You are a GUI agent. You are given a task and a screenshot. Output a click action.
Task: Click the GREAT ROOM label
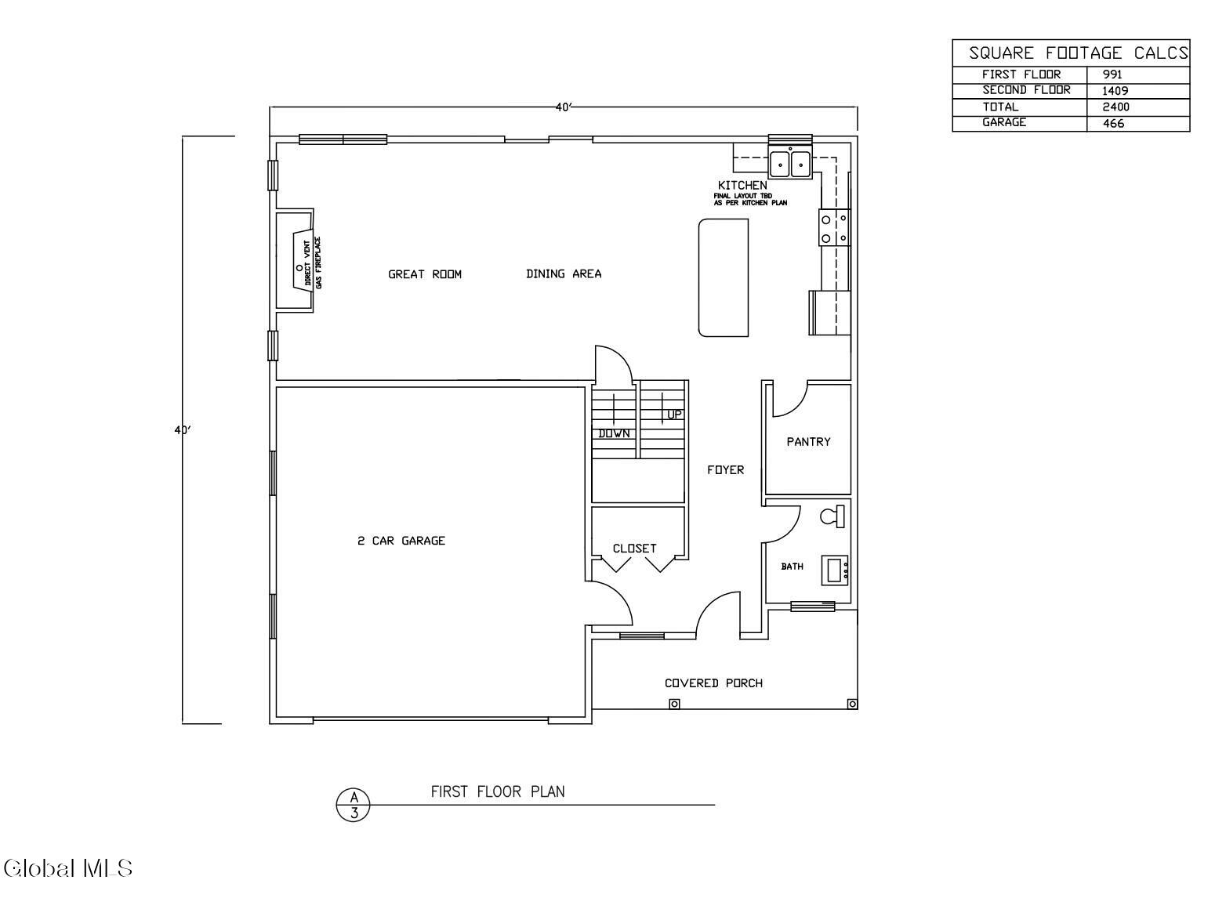pos(425,274)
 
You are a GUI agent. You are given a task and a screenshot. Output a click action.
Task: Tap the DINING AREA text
pos(564,273)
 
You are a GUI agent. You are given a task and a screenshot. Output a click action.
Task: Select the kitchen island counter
pos(723,277)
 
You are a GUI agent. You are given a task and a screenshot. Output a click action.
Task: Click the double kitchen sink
pos(790,164)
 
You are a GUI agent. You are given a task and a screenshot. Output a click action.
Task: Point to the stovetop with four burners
pos(834,228)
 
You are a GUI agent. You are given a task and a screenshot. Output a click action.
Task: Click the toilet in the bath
pos(832,516)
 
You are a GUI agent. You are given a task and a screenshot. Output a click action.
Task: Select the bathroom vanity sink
pos(834,570)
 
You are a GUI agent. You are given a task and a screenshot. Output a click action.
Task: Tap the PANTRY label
pos(808,441)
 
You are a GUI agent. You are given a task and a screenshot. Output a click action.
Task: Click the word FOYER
pos(725,469)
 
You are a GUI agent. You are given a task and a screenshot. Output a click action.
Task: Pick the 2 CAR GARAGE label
pos(401,541)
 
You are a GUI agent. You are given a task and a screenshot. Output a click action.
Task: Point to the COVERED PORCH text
pos(713,683)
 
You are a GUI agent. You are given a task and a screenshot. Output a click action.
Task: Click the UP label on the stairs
pos(674,415)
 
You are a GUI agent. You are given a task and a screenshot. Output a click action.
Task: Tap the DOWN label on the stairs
pos(614,434)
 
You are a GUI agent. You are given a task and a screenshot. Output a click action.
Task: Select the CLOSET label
pos(635,549)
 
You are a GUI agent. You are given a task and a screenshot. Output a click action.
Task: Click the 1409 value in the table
pos(1115,91)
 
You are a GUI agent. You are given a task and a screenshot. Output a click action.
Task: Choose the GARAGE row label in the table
pos(1004,122)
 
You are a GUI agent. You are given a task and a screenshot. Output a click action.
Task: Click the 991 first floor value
pos(1112,74)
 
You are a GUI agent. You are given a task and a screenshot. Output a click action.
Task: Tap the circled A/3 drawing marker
pos(354,805)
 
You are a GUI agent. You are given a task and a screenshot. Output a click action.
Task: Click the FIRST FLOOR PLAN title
pos(498,792)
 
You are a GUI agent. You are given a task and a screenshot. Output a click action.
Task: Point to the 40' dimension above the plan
pos(564,107)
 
